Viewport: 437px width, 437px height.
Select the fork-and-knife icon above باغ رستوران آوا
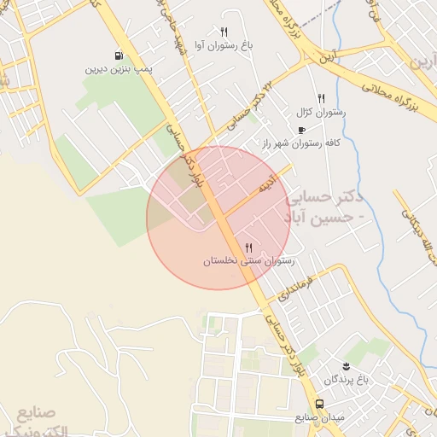click(x=224, y=32)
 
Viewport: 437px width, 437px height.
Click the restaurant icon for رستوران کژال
click(x=321, y=98)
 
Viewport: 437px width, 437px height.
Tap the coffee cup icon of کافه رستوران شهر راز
click(x=300, y=130)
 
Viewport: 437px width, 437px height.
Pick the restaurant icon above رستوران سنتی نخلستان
click(x=248, y=248)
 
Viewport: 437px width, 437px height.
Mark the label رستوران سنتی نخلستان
click(x=248, y=261)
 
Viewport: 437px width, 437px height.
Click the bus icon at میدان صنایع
click(x=318, y=404)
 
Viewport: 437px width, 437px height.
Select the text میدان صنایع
click(x=318, y=417)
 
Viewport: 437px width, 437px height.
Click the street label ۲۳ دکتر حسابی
click(x=241, y=117)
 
